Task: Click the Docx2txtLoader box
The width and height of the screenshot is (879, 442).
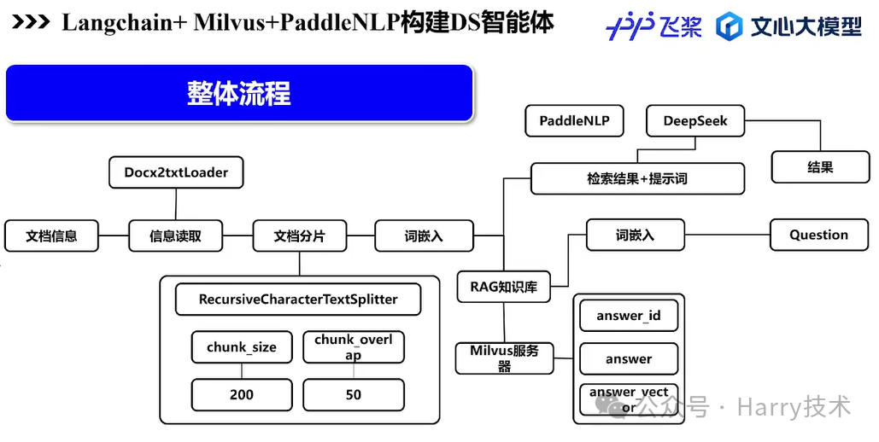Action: tap(176, 172)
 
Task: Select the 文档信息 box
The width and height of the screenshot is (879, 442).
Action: tap(51, 236)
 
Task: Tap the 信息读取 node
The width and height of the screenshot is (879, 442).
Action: tap(176, 236)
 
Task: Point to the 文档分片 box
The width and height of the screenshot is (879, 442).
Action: tap(300, 236)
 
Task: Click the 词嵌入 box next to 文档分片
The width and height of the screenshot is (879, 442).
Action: tap(424, 236)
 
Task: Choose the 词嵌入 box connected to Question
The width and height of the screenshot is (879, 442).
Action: tap(635, 236)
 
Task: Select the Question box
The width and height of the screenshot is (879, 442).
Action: tap(818, 236)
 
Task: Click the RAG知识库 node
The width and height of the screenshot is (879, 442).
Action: tap(504, 287)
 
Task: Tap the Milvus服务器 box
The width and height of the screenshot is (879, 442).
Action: tap(504, 358)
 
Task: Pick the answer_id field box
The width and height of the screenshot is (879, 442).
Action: tap(629, 316)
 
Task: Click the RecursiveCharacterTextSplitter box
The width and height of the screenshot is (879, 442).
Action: tap(298, 300)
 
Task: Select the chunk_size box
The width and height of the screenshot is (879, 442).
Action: tap(242, 347)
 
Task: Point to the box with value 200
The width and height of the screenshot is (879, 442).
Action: tap(242, 395)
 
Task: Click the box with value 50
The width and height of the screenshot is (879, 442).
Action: tap(354, 395)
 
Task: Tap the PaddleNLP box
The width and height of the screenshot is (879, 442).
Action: tap(574, 121)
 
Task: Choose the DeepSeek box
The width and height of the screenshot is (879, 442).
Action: tap(695, 121)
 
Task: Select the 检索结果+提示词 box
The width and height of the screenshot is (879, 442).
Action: tap(637, 179)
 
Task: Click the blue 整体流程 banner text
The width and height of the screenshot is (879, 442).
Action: tap(239, 93)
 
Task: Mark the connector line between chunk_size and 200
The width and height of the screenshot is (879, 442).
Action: tap(242, 371)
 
